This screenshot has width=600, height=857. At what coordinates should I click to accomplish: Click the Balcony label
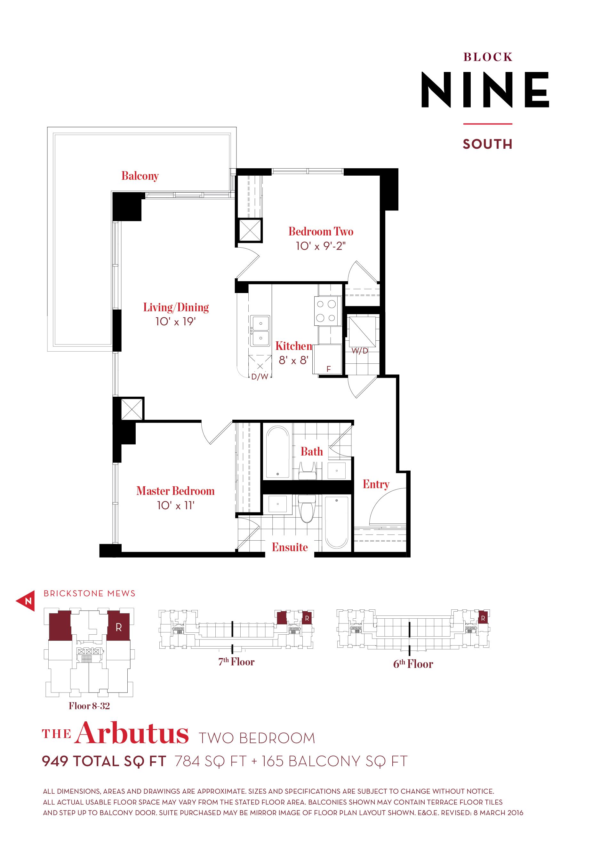(x=140, y=176)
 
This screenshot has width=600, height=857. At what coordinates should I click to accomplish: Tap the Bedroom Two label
(x=321, y=231)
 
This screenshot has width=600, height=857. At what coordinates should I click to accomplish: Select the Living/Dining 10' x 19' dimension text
(x=175, y=321)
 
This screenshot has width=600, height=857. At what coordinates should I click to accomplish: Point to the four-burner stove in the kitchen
(x=327, y=311)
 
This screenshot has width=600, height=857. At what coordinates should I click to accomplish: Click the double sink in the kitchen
(x=260, y=331)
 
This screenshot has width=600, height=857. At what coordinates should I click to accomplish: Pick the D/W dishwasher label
(x=260, y=377)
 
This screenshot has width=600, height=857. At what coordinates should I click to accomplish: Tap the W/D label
(x=360, y=351)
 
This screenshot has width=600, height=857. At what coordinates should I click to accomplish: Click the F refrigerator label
(x=329, y=369)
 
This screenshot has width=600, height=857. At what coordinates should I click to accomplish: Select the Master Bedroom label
(x=175, y=491)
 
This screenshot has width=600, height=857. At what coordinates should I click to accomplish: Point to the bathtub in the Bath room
(x=277, y=452)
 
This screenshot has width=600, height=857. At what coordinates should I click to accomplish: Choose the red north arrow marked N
(x=26, y=601)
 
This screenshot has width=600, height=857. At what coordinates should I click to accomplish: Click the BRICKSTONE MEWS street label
(x=90, y=593)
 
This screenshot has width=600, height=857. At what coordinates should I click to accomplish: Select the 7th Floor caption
(x=236, y=662)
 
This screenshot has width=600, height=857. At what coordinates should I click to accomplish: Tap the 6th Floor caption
(x=413, y=664)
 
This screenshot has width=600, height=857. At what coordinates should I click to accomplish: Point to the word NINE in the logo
(x=485, y=90)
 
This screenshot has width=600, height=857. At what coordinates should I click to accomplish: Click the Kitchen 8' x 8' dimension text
(x=293, y=360)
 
